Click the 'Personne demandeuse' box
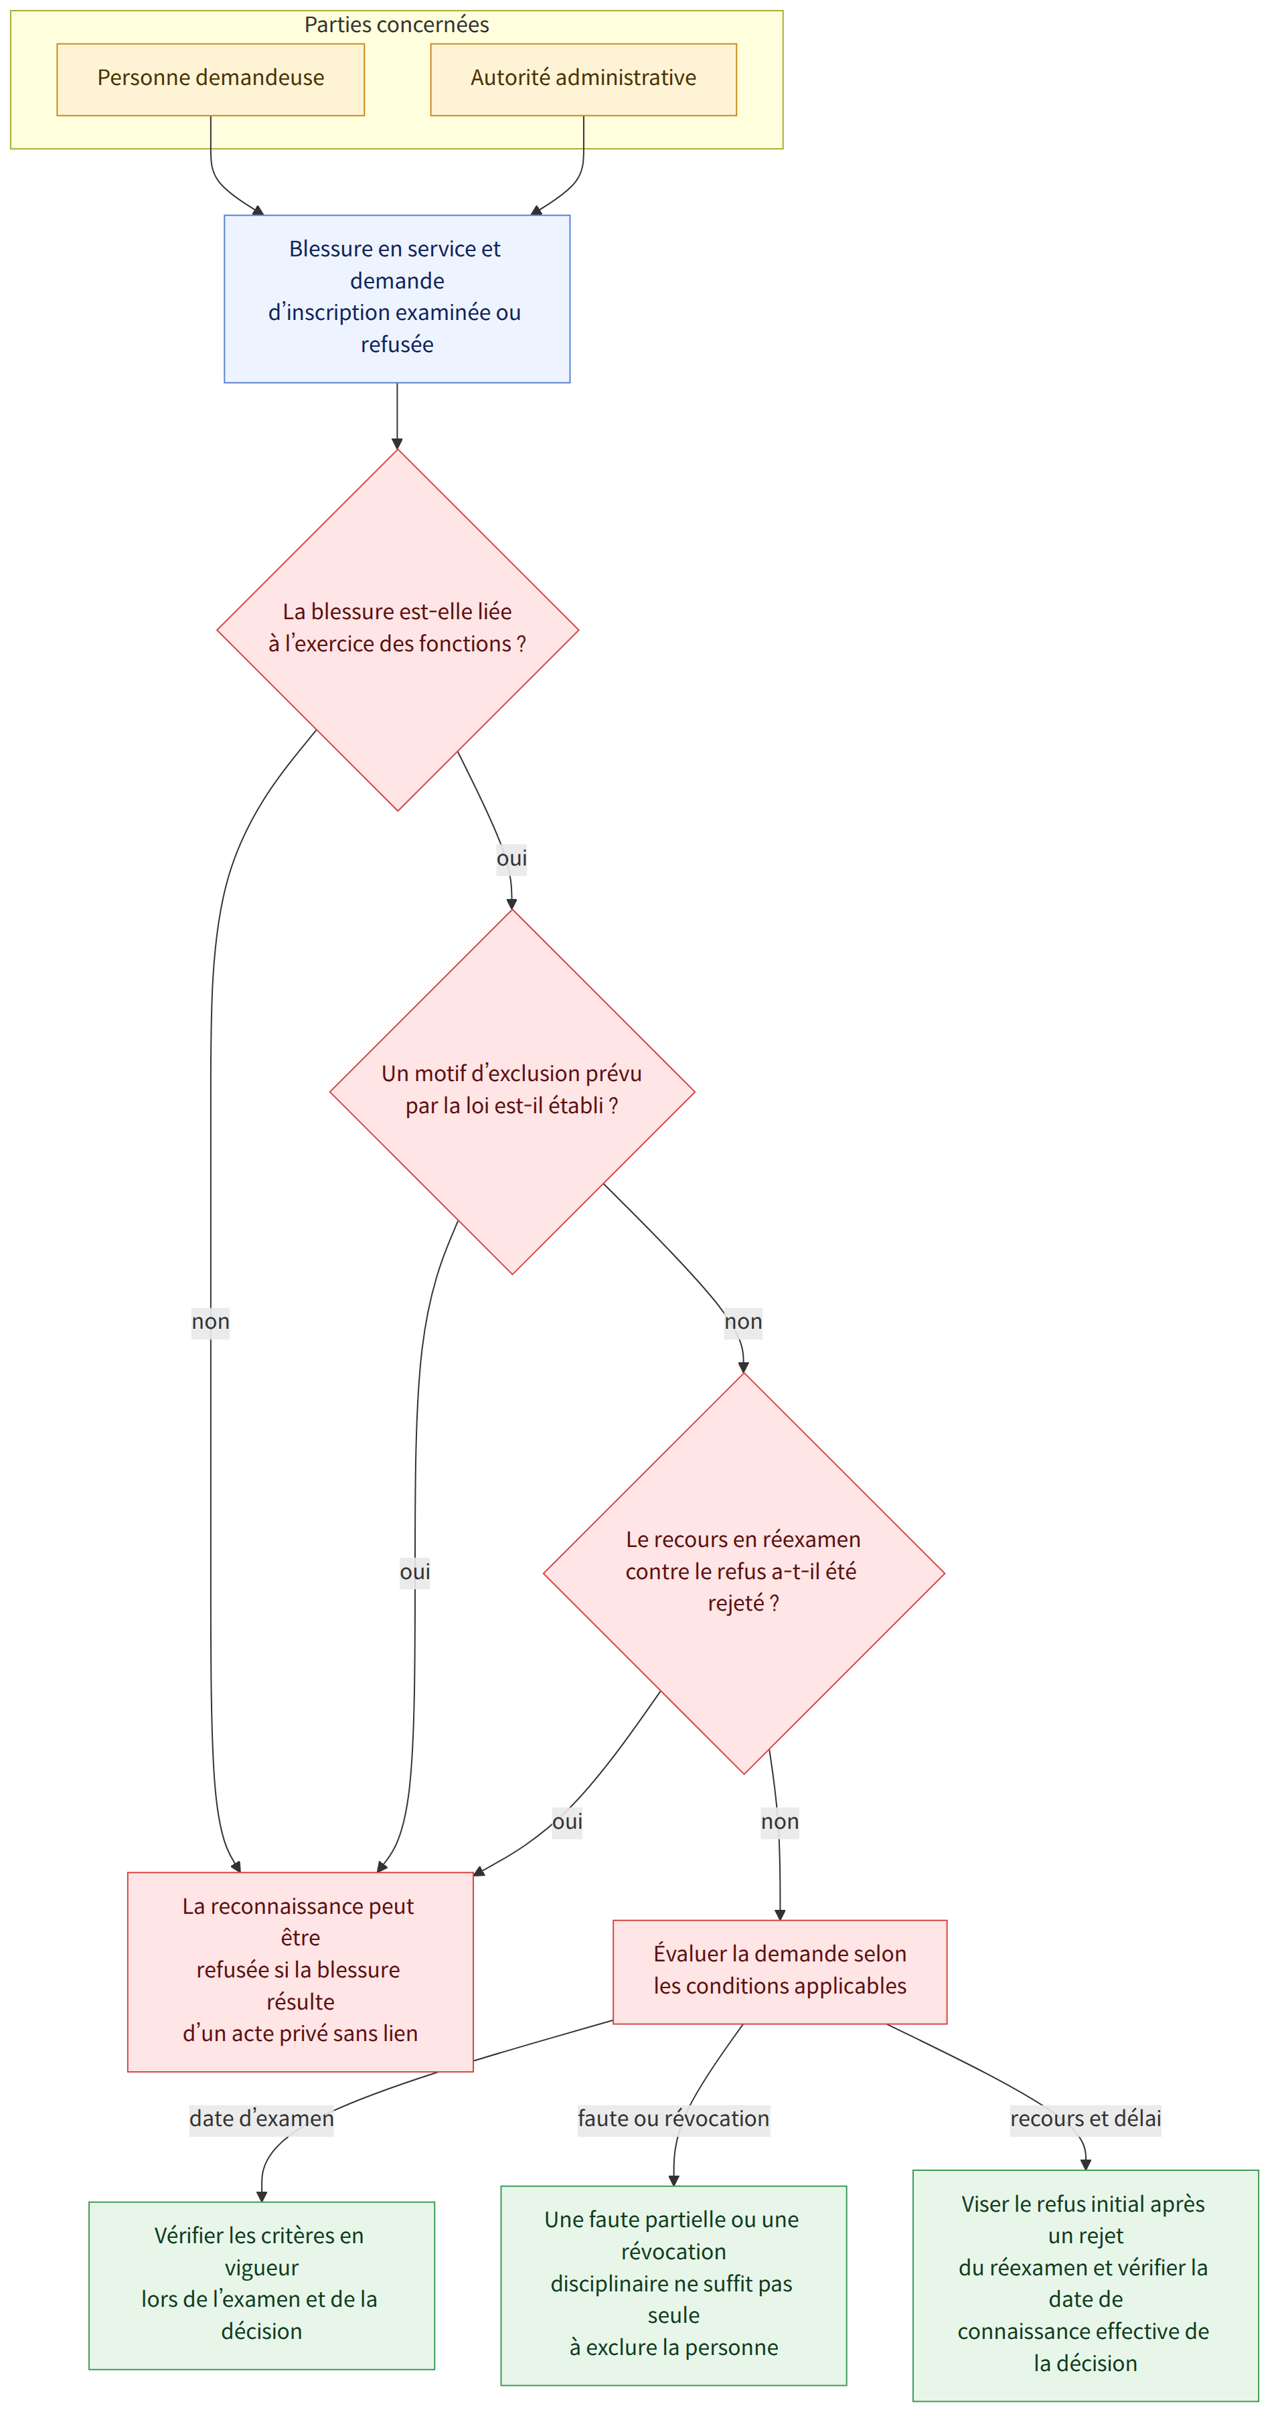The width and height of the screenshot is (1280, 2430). click(210, 79)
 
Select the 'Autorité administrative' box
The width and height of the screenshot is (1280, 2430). click(583, 79)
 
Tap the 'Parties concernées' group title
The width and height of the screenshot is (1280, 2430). click(396, 25)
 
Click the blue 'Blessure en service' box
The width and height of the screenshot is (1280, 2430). click(397, 298)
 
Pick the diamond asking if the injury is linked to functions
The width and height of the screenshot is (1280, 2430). click(397, 629)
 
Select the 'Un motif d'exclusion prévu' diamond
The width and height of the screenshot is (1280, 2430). click(512, 1091)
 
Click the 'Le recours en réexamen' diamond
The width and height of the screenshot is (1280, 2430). click(743, 1572)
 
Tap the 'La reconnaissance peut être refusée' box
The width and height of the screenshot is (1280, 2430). click(300, 1971)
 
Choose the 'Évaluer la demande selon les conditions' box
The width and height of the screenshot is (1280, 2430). click(780, 1971)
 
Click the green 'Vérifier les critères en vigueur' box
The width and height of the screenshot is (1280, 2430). click(261, 2285)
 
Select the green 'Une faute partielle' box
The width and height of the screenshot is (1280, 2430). click(673, 2285)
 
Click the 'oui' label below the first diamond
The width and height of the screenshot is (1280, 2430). click(511, 858)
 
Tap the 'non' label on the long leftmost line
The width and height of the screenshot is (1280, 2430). click(210, 1321)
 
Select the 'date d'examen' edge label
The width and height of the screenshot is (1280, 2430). click(261, 2119)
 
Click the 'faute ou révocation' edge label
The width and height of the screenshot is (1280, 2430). click(673, 2119)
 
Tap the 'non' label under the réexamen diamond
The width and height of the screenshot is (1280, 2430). click(780, 1821)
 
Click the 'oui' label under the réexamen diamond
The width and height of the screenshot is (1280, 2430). click(567, 1821)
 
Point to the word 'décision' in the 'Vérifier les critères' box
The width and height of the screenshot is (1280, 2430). click(261, 2332)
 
